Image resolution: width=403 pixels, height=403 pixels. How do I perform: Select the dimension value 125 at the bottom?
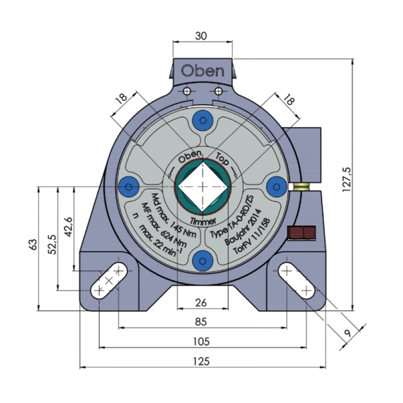point(200,361)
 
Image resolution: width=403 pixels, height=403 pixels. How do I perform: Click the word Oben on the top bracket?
point(201,70)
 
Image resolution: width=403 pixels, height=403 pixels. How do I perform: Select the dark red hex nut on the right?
point(300,233)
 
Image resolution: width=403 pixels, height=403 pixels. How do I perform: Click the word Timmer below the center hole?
point(201,220)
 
